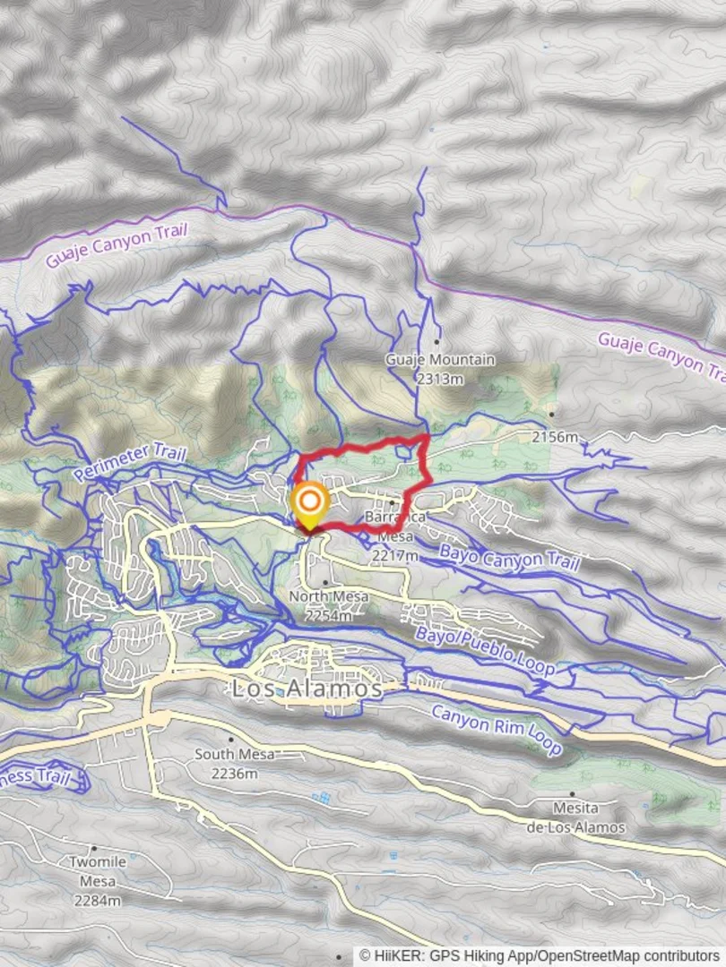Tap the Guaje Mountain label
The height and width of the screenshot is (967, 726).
[x=440, y=360]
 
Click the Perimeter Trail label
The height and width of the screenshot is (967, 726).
[x=131, y=461]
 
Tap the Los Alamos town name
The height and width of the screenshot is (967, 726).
[x=307, y=689]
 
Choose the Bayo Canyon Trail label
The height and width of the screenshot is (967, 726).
[x=509, y=558]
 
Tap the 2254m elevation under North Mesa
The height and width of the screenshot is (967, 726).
[x=327, y=615]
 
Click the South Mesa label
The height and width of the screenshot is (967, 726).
[x=234, y=755]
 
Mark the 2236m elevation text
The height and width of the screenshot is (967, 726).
[x=235, y=773]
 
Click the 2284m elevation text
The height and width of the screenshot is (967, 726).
[x=97, y=900]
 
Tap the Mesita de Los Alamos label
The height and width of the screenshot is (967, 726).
[x=575, y=817]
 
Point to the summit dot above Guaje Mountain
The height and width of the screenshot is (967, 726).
[x=436, y=341]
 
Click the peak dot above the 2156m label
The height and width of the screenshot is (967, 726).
[x=553, y=414]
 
